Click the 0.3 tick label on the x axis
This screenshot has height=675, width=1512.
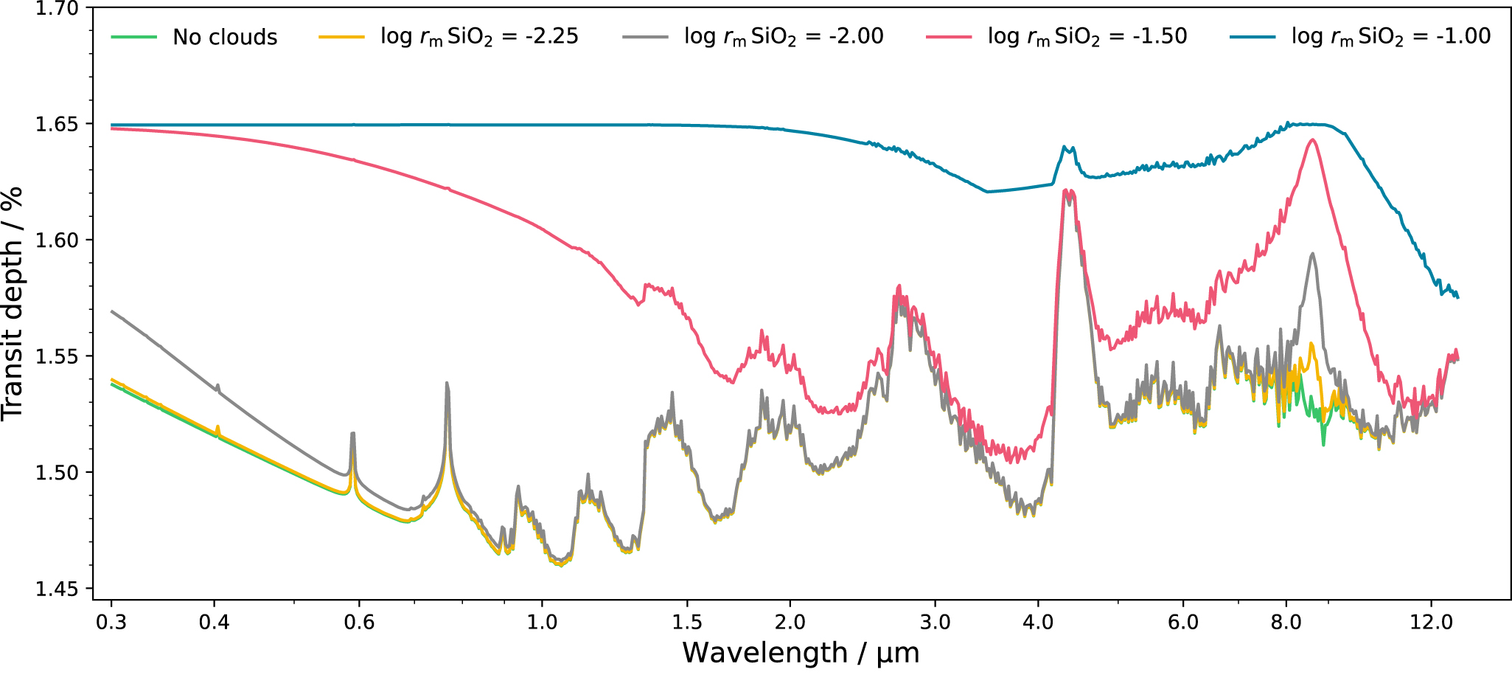pos(111,622)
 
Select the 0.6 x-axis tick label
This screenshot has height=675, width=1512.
pos(359,622)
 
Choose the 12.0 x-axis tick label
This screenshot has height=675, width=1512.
pos(1431,622)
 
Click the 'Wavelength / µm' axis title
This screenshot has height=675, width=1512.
pos(801,654)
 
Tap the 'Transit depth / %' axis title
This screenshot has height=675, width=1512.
pos(13,303)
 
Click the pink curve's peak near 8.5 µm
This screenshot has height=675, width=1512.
pos(1312,139)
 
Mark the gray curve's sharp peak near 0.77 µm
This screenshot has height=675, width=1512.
pos(447,383)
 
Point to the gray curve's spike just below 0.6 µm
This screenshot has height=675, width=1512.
pos(353,433)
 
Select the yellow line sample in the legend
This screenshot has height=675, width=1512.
pos(341,37)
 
